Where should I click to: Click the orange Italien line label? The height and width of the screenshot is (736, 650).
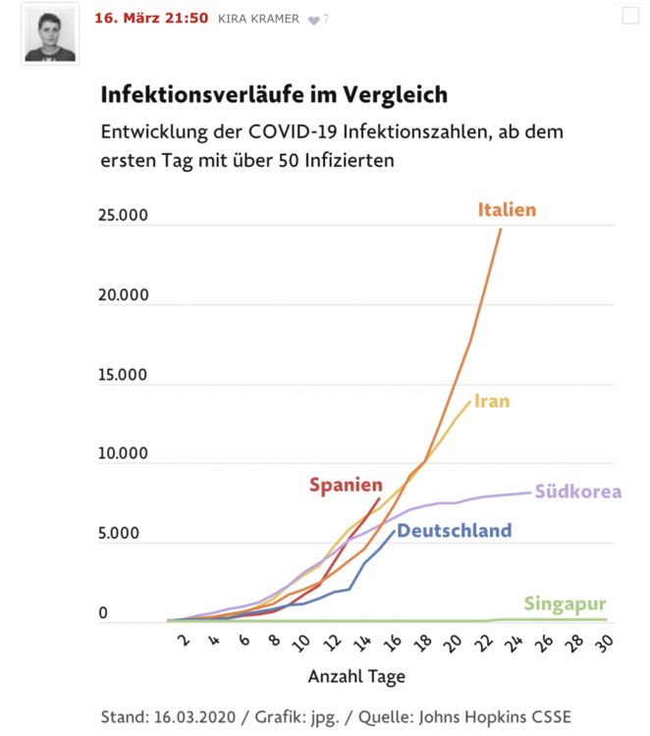(x=508, y=209)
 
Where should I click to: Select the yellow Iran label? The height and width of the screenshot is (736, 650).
(x=492, y=400)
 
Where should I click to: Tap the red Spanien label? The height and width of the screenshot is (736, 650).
(x=346, y=484)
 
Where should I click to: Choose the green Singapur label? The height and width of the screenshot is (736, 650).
(x=565, y=604)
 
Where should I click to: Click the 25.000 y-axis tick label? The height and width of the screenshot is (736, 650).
(x=124, y=216)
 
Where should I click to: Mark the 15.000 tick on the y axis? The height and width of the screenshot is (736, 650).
(x=124, y=376)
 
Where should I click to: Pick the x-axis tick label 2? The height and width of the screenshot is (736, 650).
(x=182, y=642)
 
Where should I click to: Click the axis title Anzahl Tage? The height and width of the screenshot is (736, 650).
(x=356, y=677)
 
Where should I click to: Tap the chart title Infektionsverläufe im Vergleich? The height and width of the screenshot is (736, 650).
(x=274, y=95)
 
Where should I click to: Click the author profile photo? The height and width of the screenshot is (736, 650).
(x=49, y=36)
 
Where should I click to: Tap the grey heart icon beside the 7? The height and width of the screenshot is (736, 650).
(x=313, y=20)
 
